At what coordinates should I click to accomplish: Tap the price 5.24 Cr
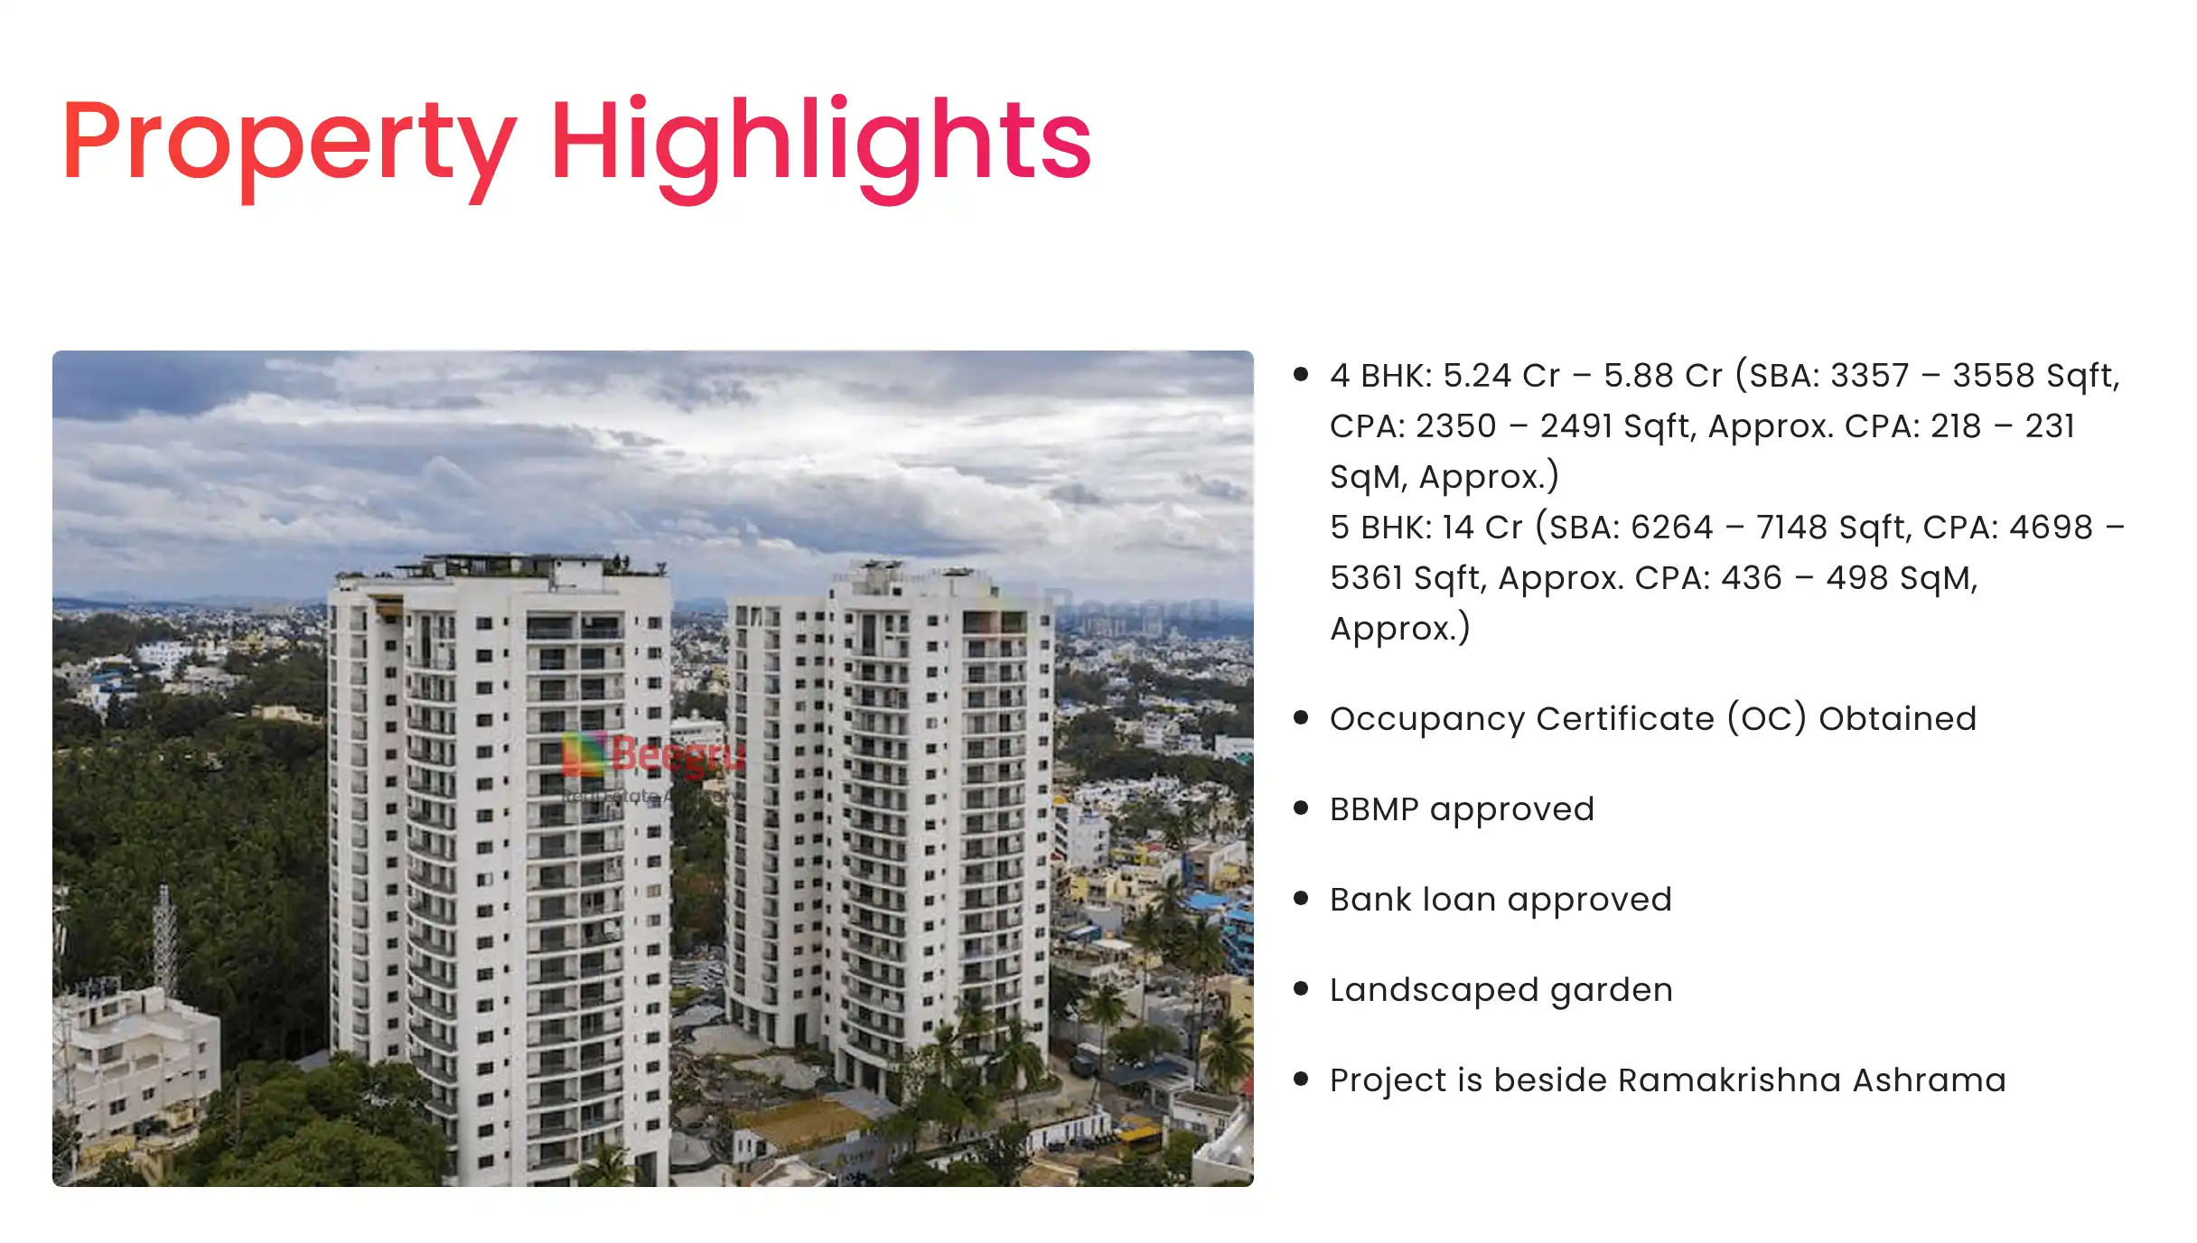tap(1501, 376)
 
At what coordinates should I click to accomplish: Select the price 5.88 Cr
tap(1663, 376)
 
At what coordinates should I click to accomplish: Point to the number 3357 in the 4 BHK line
tap(1869, 376)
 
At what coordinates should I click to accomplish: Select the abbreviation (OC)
tap(1767, 719)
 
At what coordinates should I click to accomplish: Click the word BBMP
tap(1374, 809)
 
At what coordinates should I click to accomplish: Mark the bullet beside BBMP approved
tap(1301, 808)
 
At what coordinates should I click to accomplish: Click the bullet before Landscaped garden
tap(1301, 988)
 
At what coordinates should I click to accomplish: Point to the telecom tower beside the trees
tap(165, 939)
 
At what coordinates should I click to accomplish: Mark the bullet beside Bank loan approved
tap(1301, 898)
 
